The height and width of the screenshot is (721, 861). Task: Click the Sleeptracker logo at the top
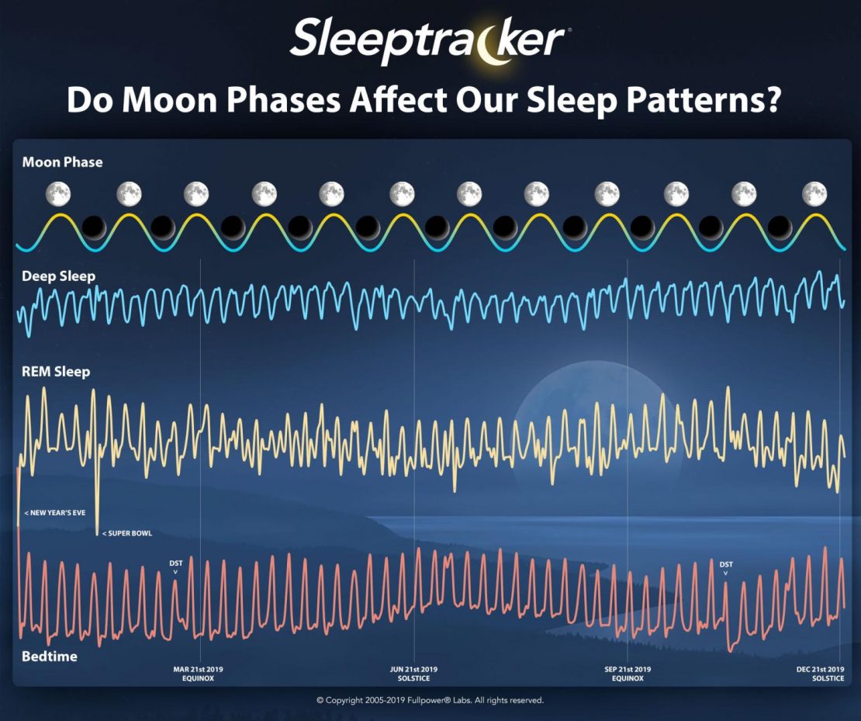click(x=430, y=40)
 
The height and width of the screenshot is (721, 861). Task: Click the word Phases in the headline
click(x=283, y=100)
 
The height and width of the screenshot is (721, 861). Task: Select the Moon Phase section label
click(x=62, y=162)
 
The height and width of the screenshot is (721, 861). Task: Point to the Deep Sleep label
click(x=58, y=276)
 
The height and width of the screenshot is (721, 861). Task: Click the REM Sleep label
click(x=55, y=372)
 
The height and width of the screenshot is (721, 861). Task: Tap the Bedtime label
click(x=50, y=656)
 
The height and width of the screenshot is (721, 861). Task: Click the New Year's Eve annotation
click(x=55, y=513)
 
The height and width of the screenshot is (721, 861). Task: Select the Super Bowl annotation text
click(x=127, y=533)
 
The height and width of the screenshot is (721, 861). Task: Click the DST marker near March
click(x=176, y=567)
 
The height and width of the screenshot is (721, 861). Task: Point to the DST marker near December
click(x=726, y=567)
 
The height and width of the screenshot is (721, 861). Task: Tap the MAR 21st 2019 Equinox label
click(x=199, y=674)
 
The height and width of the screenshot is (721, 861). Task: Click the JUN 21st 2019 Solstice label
click(x=413, y=674)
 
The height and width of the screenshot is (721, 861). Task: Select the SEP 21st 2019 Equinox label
click(x=628, y=674)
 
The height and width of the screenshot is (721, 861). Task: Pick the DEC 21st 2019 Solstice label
click(x=821, y=674)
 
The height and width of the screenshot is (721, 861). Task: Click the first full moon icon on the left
click(x=57, y=194)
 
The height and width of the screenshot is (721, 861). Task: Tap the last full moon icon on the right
click(x=814, y=194)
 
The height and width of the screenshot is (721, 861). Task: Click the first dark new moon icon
click(x=94, y=227)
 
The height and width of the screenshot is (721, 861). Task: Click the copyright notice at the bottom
click(x=430, y=700)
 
